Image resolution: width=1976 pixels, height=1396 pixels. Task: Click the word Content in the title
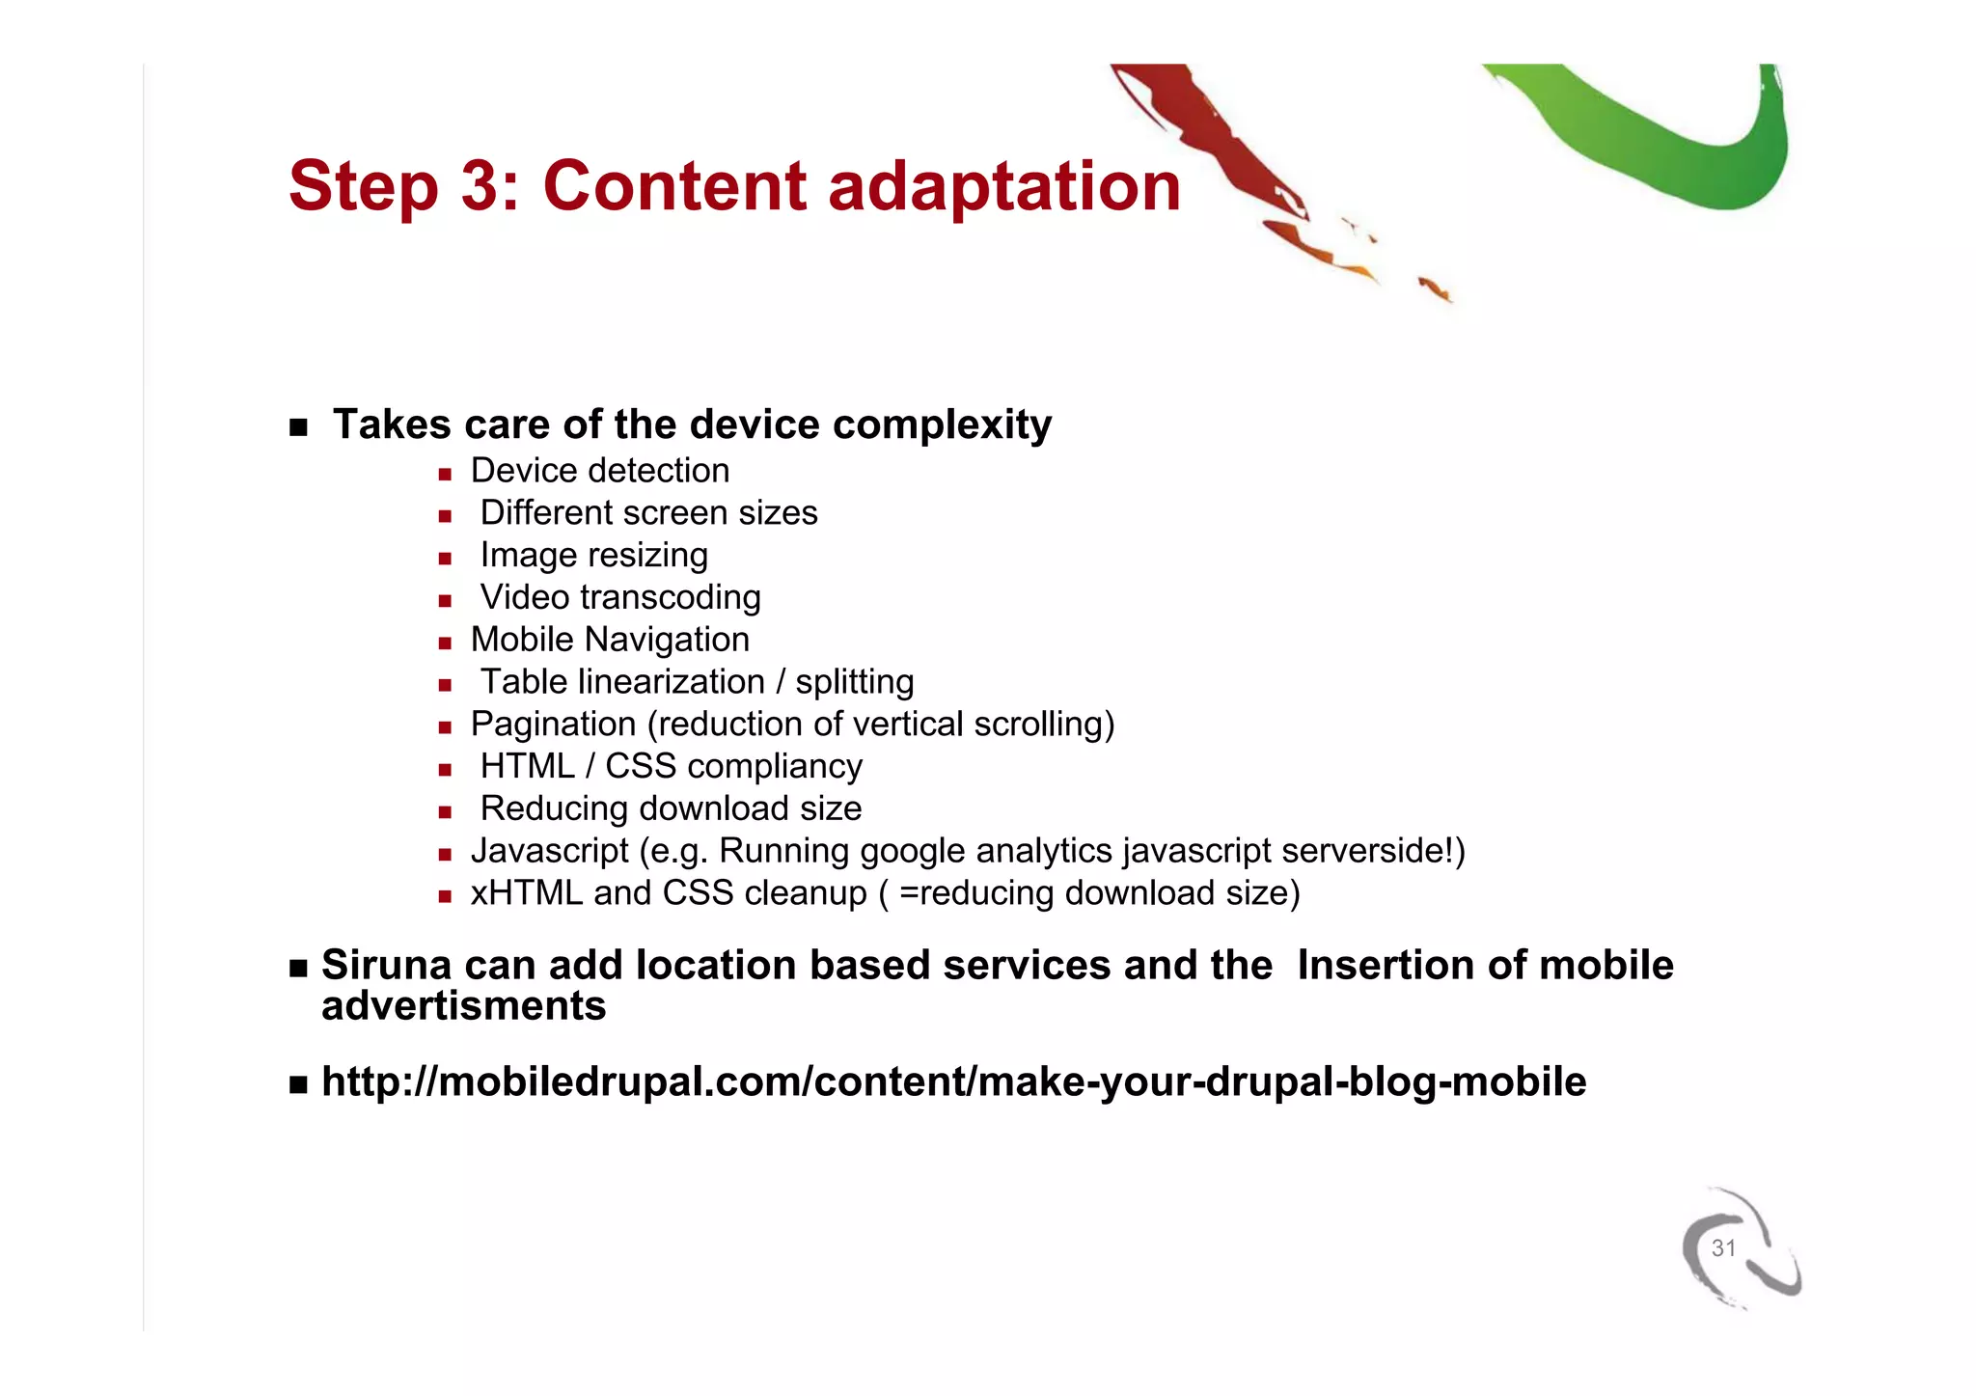pos(673,185)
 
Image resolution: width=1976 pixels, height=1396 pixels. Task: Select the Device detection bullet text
pos(599,471)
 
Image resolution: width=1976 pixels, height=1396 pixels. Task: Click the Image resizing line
pos(593,556)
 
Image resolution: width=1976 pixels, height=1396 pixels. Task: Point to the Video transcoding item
pos(619,598)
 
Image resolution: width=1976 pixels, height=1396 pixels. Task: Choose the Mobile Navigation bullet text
pos(609,640)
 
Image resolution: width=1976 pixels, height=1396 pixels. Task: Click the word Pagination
pos(553,725)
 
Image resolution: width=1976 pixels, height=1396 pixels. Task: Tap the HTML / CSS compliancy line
pos(671,767)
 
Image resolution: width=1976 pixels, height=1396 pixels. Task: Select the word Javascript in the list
pos(549,851)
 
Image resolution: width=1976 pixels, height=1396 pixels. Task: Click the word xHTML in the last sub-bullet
pos(526,893)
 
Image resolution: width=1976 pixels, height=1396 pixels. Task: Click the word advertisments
pos(463,1006)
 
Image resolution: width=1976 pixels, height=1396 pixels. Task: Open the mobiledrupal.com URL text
pos(953,1081)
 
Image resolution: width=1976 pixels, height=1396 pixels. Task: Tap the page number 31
pos(1723,1248)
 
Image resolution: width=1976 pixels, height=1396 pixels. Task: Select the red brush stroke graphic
pos(1216,145)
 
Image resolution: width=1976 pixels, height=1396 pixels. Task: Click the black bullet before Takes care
pos(298,426)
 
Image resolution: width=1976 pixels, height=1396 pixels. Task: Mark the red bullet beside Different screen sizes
pos(445,516)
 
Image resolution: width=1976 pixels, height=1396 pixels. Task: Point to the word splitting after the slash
pos(854,683)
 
